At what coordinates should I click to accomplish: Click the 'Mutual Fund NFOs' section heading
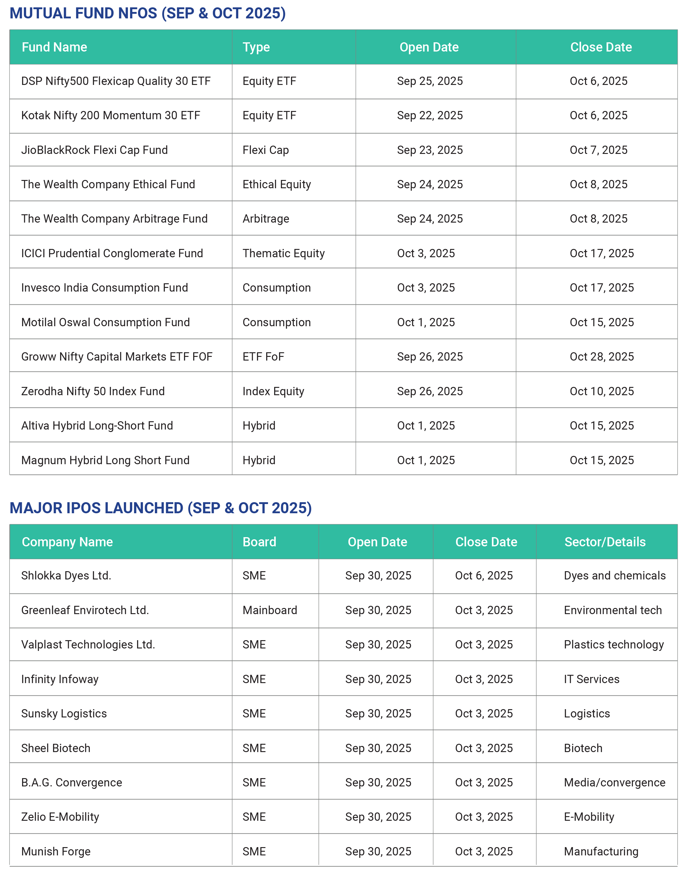[x=148, y=13]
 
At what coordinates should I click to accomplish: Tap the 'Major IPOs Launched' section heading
[x=160, y=508]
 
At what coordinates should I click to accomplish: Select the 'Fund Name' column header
[x=54, y=47]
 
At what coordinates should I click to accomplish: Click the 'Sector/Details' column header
[x=605, y=542]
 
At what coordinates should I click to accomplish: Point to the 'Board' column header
[x=259, y=542]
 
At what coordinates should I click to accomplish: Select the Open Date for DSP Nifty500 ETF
[x=430, y=81]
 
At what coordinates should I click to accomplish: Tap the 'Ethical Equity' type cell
[x=277, y=184]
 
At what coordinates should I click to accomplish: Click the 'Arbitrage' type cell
[x=266, y=219]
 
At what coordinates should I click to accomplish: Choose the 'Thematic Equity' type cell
[x=283, y=253]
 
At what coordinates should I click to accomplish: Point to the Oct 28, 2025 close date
[x=601, y=357]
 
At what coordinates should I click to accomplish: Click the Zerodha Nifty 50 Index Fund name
[x=93, y=391]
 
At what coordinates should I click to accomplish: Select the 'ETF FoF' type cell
[x=263, y=357]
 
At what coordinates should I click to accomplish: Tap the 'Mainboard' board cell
[x=270, y=610]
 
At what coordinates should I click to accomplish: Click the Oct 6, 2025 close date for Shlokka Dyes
[x=484, y=575]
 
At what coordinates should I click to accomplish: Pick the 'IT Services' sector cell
[x=592, y=679]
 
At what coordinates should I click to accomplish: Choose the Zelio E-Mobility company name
[x=60, y=817]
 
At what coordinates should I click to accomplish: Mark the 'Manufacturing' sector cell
[x=601, y=851]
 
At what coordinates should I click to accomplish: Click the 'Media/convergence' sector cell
[x=614, y=782]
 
